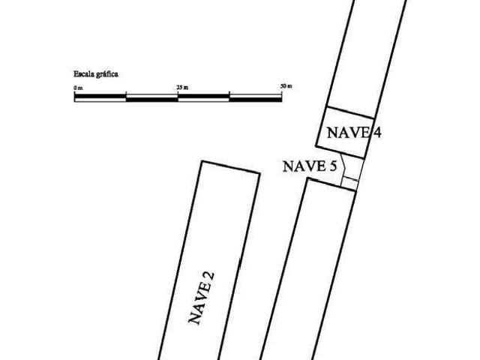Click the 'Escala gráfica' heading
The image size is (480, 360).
click(96, 74)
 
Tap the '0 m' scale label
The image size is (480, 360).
click(78, 88)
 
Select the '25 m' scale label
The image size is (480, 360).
click(182, 88)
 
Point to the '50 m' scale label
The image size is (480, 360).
click(286, 86)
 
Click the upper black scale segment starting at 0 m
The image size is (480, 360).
click(100, 96)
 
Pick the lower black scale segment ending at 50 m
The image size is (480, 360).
click(256, 100)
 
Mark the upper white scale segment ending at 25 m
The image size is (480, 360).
click(152, 96)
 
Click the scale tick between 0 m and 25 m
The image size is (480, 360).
click(126, 93)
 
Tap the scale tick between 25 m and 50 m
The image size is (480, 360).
click(229, 93)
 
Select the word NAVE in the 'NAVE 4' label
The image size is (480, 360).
click(348, 133)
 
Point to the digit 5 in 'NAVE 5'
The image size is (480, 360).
click(333, 166)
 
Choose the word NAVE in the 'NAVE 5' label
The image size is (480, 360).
click(304, 166)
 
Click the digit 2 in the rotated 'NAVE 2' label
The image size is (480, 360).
click(209, 277)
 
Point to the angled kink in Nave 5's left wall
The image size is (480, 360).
click(345, 167)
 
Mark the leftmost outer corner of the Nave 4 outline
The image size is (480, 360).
click(316, 146)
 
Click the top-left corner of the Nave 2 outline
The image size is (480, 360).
click(202, 161)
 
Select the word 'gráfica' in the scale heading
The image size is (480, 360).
click(107, 74)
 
